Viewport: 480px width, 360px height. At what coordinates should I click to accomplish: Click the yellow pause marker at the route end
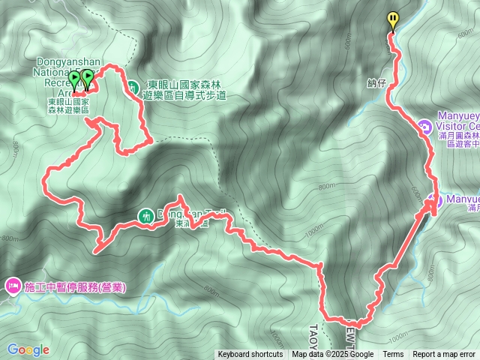[392, 19]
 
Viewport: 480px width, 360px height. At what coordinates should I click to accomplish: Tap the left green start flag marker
[74, 78]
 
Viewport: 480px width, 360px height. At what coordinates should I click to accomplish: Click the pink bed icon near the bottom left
[13, 286]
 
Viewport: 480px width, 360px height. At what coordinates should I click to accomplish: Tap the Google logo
[28, 349]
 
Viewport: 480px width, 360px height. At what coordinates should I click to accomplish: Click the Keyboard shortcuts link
[250, 355]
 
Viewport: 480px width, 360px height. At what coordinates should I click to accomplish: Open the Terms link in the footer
[393, 355]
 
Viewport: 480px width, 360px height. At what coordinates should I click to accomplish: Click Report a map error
[444, 355]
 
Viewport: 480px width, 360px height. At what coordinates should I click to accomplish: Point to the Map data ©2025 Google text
[333, 355]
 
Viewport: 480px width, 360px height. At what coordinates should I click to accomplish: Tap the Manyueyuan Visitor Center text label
[454, 125]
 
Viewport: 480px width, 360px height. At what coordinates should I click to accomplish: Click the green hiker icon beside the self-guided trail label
[132, 87]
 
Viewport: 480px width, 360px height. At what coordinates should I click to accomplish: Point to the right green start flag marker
[88, 76]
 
